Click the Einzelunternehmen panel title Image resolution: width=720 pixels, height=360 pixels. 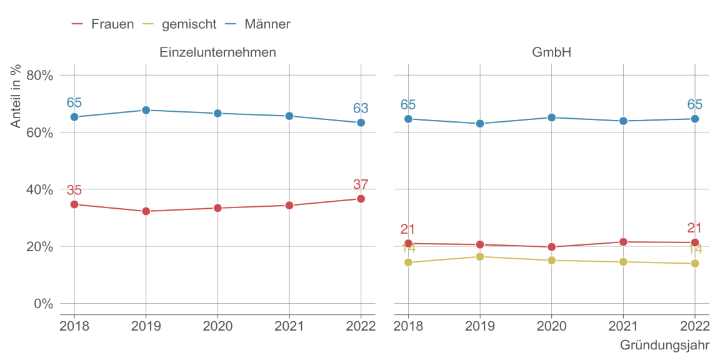(x=217, y=52)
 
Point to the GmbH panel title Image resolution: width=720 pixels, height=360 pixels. (x=551, y=52)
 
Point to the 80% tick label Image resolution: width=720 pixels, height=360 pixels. (x=39, y=76)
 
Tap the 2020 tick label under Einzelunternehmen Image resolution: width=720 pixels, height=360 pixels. (x=217, y=326)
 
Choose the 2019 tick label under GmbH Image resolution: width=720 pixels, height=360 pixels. (x=480, y=326)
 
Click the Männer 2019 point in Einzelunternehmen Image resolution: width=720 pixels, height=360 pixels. (x=146, y=110)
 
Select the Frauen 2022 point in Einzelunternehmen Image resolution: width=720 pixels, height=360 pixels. (x=361, y=199)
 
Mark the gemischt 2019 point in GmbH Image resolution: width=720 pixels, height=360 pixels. (x=480, y=257)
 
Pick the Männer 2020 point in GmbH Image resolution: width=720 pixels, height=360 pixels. (x=551, y=117)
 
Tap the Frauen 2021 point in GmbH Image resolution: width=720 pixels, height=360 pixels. (x=623, y=242)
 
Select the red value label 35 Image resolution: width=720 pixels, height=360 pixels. (x=74, y=191)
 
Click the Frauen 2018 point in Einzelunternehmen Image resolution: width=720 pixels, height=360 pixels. (x=74, y=204)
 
